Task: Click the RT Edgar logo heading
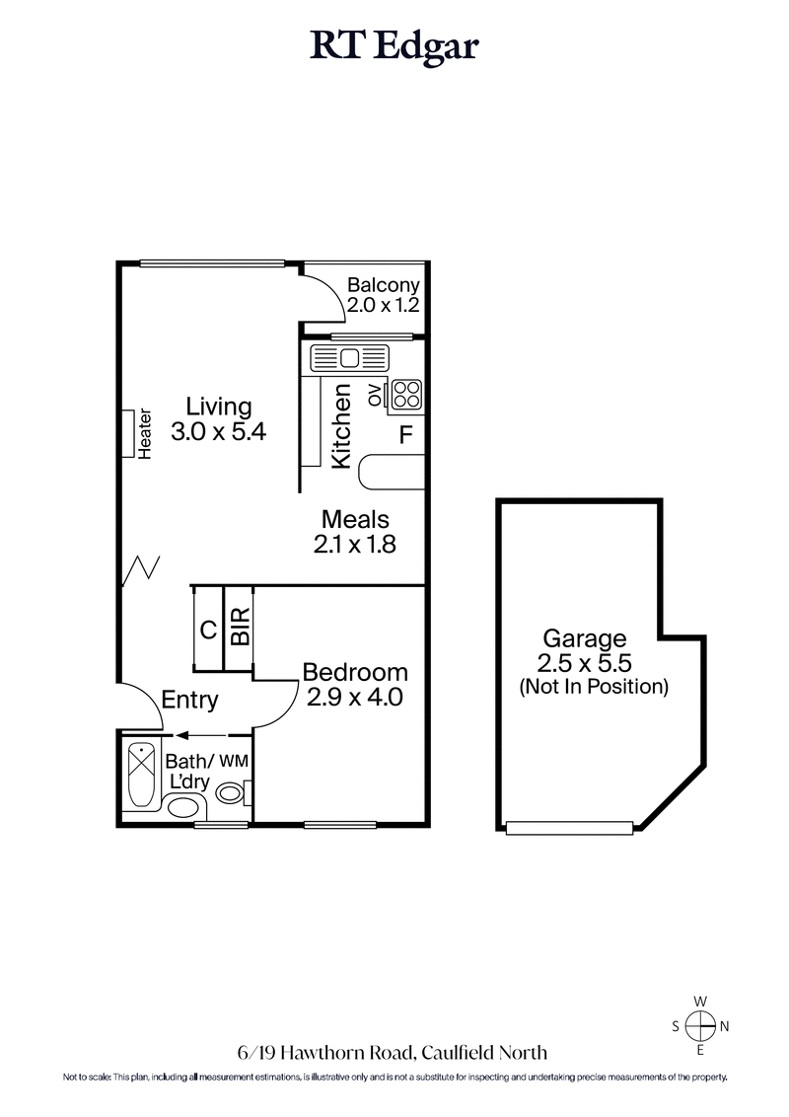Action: tap(394, 45)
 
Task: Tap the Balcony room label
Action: tap(384, 286)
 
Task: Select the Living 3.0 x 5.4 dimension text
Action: tap(219, 431)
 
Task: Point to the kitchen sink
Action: tap(351, 357)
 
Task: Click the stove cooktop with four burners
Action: tap(405, 395)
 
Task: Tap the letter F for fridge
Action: tap(405, 433)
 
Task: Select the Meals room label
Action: tap(356, 519)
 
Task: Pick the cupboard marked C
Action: tap(208, 629)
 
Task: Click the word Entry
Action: tap(189, 700)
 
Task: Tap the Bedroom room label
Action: tap(355, 673)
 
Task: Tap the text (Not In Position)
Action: tap(594, 686)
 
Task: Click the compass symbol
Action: tap(700, 1026)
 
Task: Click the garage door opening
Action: tap(569, 828)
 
